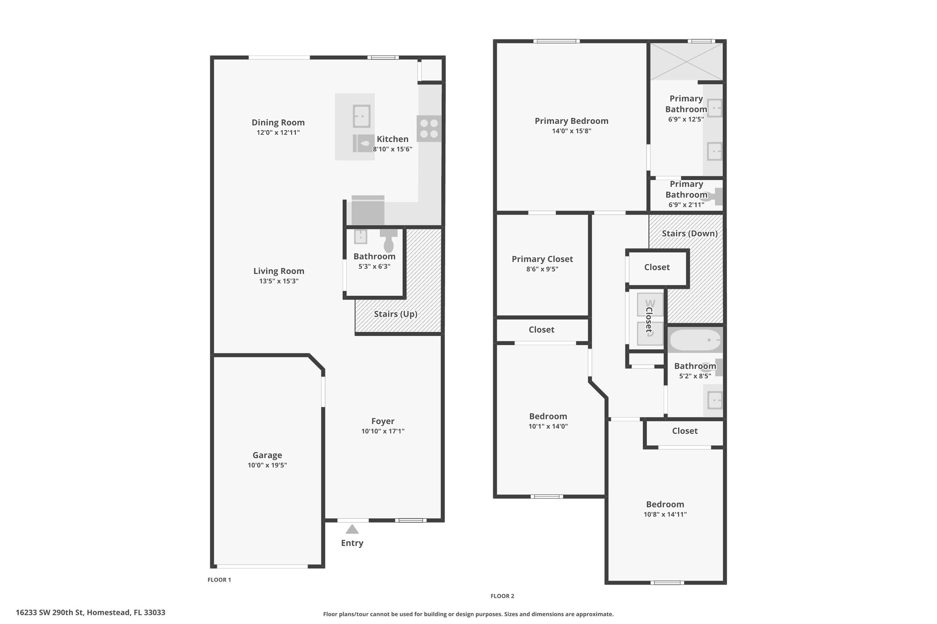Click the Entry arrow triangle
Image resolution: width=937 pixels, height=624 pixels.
coord(352,529)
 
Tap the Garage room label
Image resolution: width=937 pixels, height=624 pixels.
coord(267,455)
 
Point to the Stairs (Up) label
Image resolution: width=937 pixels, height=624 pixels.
coord(396,314)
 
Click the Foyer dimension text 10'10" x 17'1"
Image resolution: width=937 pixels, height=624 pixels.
coord(383,431)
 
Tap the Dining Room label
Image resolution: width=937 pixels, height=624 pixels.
coord(278,123)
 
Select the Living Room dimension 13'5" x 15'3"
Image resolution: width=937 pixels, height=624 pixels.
coord(279,281)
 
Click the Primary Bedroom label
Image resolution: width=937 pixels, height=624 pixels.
coord(571,121)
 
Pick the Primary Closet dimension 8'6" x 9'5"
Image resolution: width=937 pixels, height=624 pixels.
coord(542,269)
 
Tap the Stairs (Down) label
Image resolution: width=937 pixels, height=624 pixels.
coord(690,234)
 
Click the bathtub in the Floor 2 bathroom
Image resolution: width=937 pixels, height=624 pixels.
coord(695,340)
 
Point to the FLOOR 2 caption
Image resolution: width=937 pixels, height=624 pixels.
coord(502,596)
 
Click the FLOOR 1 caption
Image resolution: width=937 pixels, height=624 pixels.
coord(219,580)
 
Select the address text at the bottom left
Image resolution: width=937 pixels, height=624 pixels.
coord(91,613)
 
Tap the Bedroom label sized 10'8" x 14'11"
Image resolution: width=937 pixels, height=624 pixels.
coord(665,505)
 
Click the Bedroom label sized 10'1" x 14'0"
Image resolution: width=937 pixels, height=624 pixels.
coord(548,416)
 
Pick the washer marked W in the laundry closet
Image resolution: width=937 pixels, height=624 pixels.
coord(650,304)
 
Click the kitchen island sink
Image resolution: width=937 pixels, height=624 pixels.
coord(361,116)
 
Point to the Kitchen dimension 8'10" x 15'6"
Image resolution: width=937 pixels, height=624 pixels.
coord(393,149)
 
